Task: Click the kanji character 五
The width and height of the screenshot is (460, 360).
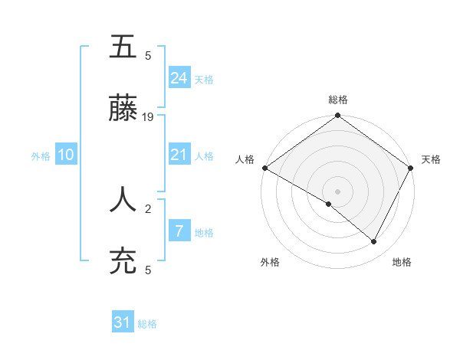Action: click(123, 47)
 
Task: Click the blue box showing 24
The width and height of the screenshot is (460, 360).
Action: click(179, 77)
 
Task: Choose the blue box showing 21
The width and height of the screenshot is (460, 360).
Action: click(179, 155)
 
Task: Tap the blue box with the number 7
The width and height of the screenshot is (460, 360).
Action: click(179, 231)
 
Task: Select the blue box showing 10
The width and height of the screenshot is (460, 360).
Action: click(66, 155)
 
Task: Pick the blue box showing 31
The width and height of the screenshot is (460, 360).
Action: click(123, 322)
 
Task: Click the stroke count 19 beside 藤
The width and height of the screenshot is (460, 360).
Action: click(149, 117)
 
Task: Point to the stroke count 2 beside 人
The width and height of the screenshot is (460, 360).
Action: click(149, 207)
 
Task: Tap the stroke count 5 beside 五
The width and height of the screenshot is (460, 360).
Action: click(149, 55)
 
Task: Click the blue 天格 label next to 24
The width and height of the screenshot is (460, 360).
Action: click(204, 79)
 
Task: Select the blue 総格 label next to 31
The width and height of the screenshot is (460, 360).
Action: click(147, 324)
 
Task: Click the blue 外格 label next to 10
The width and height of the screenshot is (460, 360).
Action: click(41, 156)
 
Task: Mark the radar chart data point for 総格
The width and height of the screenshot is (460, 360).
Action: click(337, 116)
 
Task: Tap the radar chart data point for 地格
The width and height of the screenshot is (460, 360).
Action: click(374, 242)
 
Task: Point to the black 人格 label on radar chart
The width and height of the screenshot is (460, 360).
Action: click(245, 159)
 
